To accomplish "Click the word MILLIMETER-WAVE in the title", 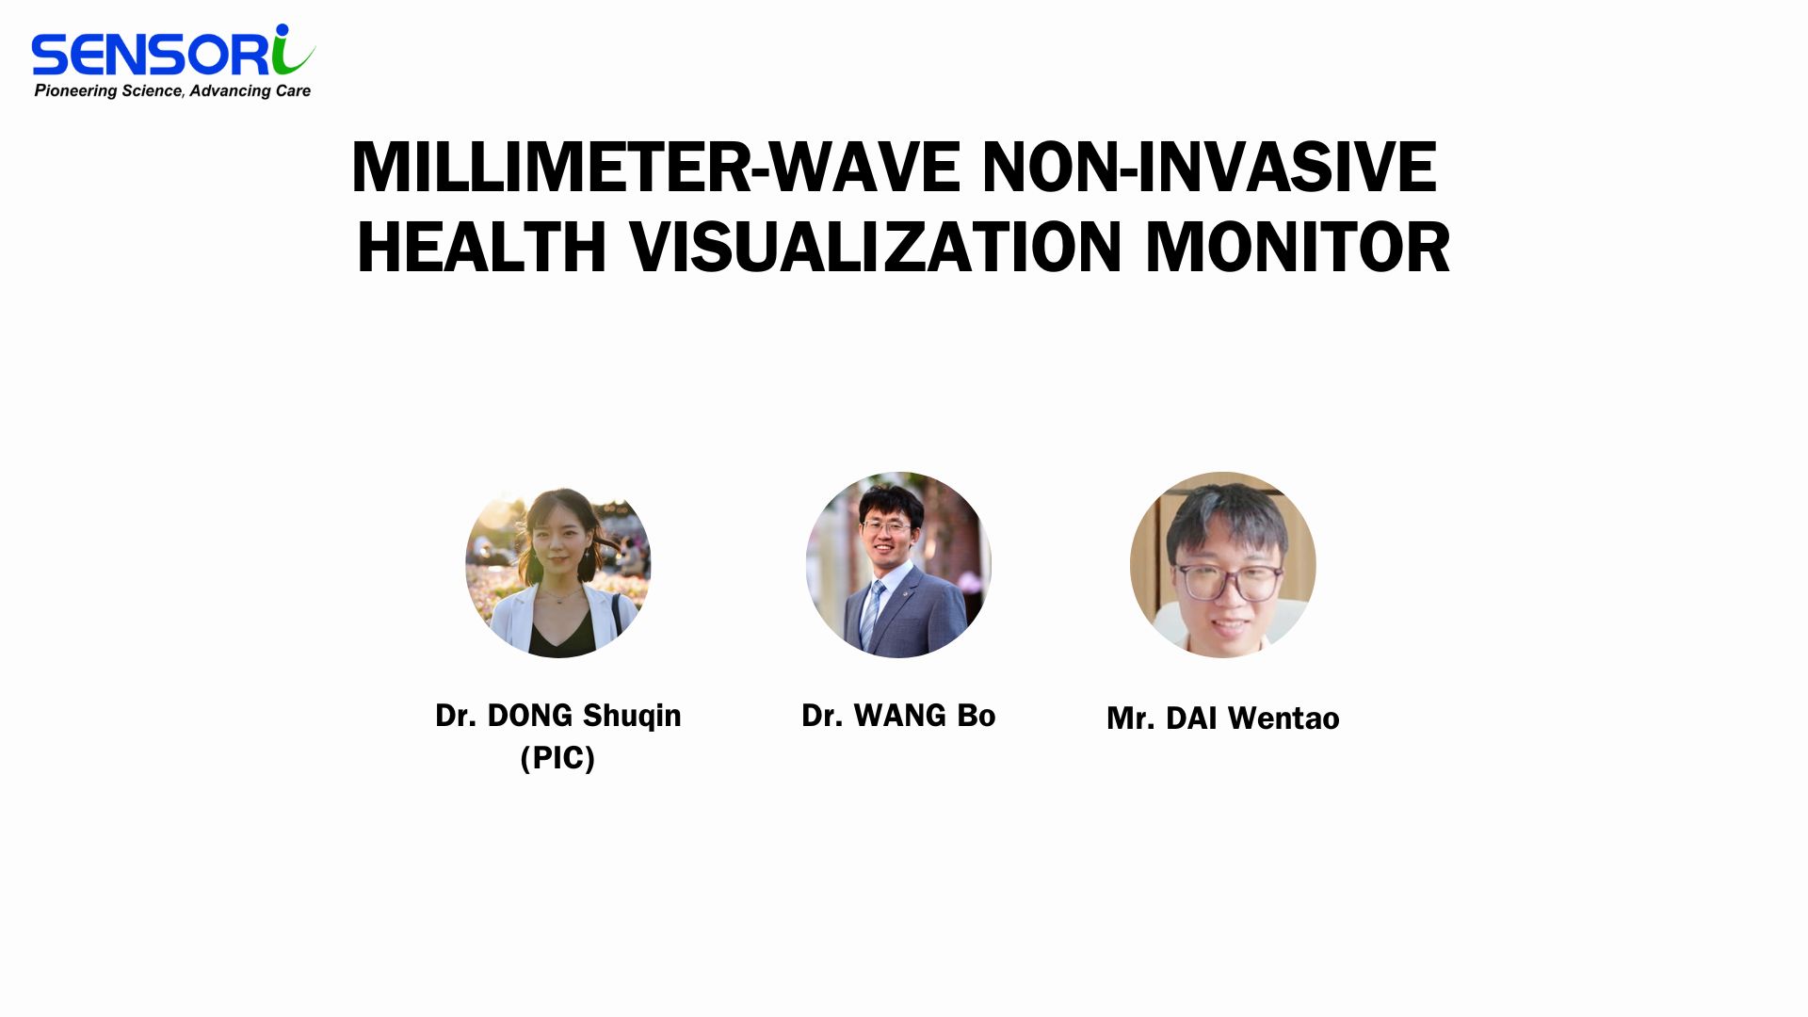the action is pyautogui.click(x=656, y=168).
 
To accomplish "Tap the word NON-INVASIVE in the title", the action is pyautogui.click(x=1209, y=168).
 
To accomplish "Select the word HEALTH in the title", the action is pyautogui.click(x=481, y=247).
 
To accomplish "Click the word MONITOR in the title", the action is pyautogui.click(x=1298, y=247).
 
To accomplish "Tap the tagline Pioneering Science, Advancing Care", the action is pyautogui.click(x=172, y=90).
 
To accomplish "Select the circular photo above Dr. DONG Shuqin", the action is pyautogui.click(x=558, y=565).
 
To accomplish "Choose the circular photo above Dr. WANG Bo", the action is pyautogui.click(x=898, y=565).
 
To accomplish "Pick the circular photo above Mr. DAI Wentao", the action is pyautogui.click(x=1223, y=565).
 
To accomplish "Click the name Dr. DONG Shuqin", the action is pyautogui.click(x=558, y=717).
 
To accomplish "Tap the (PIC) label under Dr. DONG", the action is pyautogui.click(x=557, y=757).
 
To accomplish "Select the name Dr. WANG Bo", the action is pyautogui.click(x=898, y=716).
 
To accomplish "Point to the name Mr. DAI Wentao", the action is pyautogui.click(x=1223, y=718).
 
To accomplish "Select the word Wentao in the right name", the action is pyautogui.click(x=1283, y=718).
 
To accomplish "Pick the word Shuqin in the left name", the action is pyautogui.click(x=632, y=717).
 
